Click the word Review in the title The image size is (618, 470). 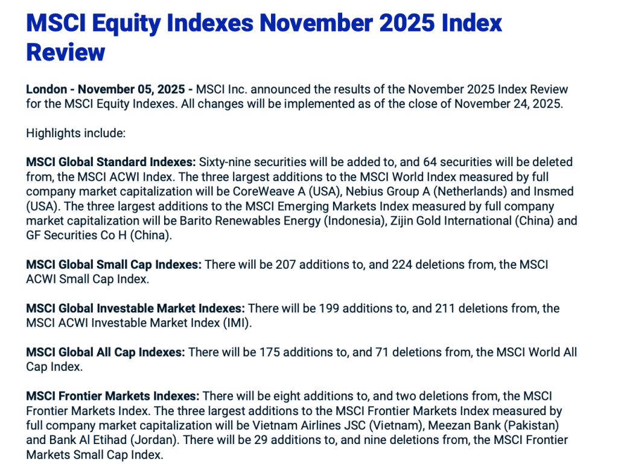66,52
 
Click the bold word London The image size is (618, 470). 46,89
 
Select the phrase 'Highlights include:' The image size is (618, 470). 75,134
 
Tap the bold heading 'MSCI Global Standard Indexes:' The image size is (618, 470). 111,162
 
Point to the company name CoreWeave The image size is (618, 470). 264,192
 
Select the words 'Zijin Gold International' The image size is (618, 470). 451,221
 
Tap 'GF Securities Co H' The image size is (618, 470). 77,235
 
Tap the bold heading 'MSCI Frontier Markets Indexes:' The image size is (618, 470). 113,396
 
